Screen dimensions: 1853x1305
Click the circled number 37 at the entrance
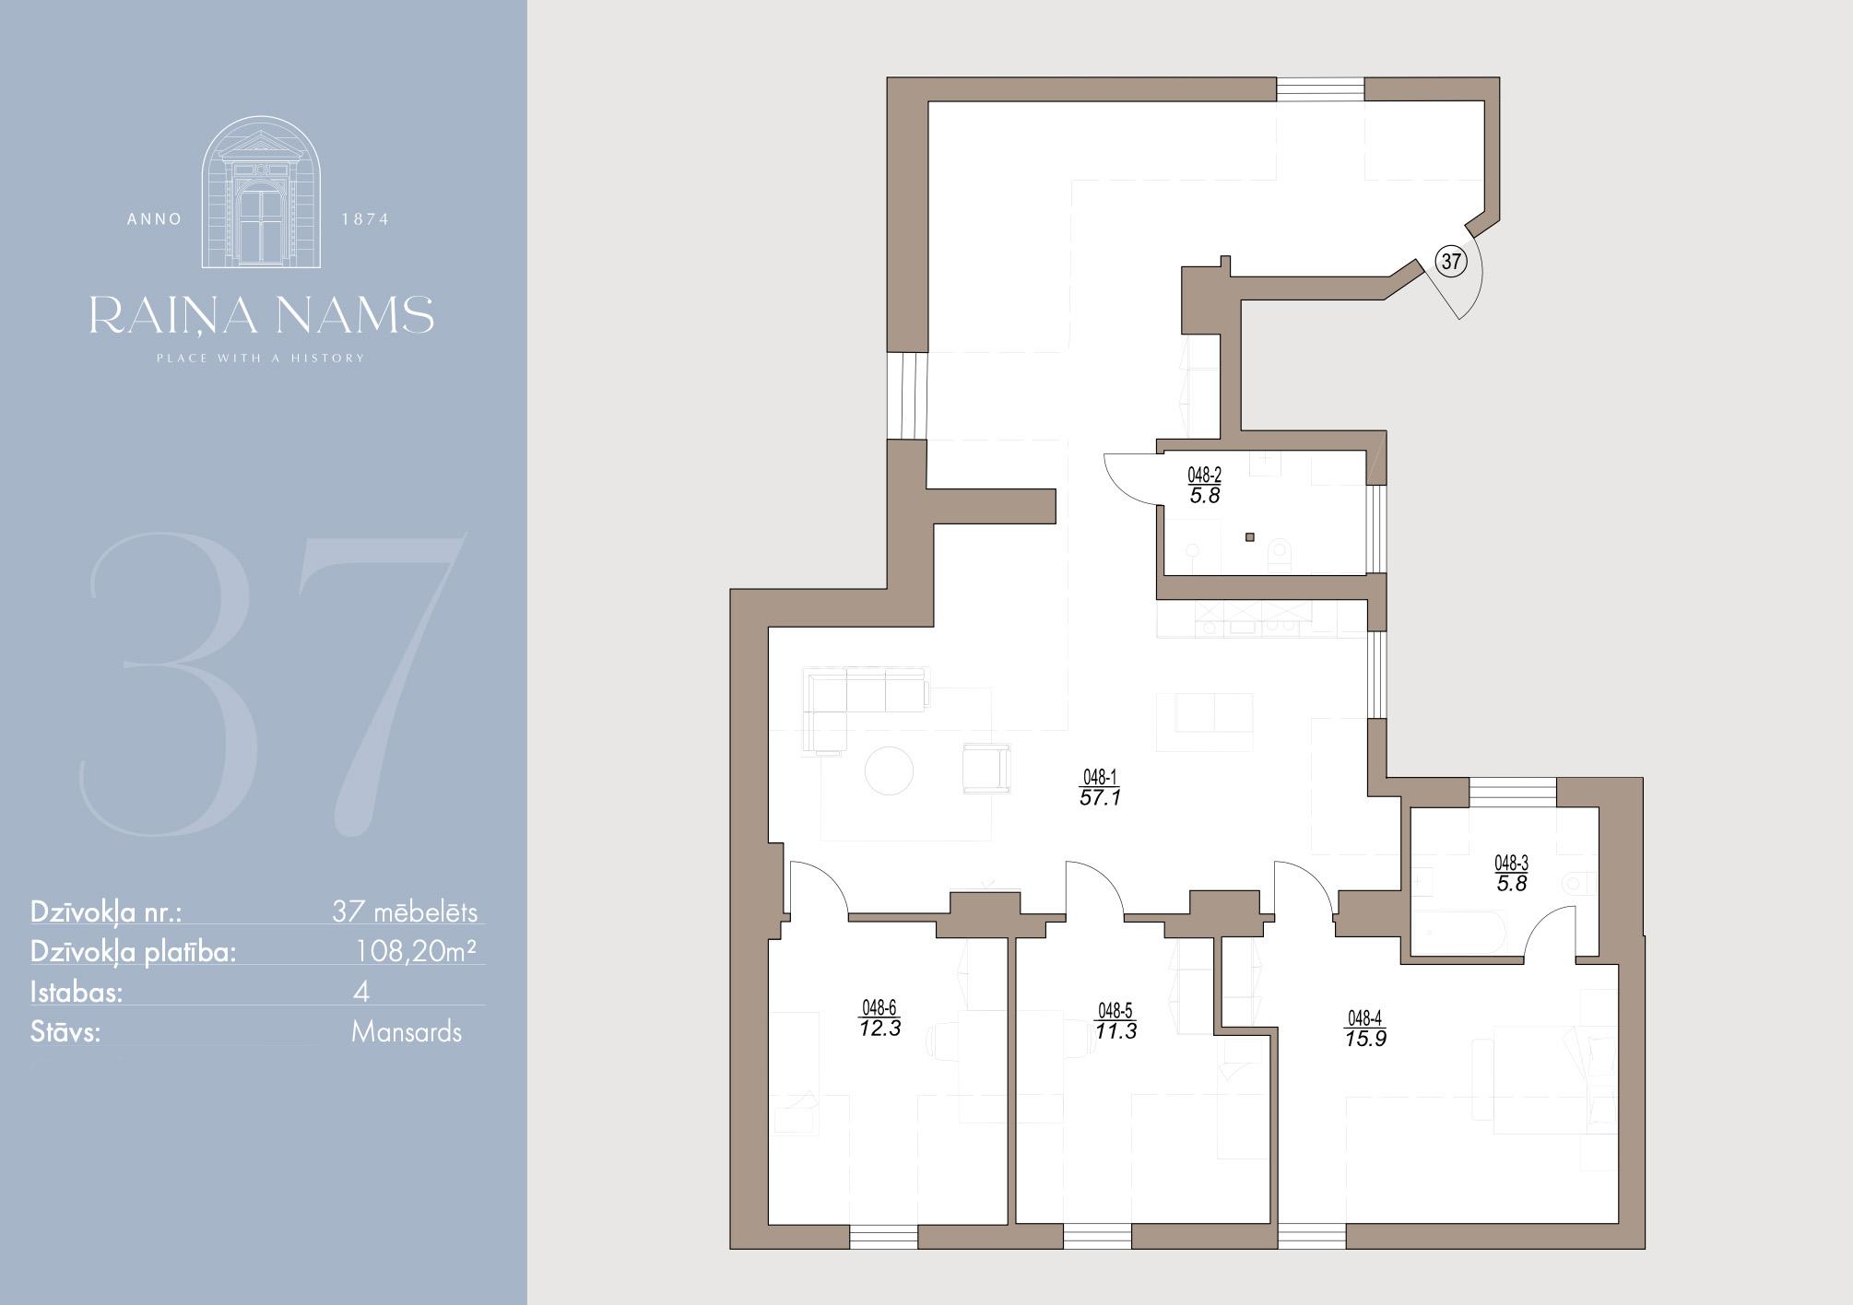coord(1451,262)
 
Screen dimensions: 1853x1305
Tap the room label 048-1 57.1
coord(1100,789)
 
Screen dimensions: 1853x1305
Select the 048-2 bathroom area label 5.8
coord(1205,496)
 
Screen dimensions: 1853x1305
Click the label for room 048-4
coord(1365,1029)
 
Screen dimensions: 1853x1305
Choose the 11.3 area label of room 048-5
coord(1115,1031)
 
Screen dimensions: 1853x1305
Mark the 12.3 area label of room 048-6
coord(879,1029)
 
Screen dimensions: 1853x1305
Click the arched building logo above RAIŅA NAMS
coord(262,193)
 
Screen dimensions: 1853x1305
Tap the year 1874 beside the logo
coord(365,219)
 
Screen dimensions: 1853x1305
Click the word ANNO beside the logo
coord(155,219)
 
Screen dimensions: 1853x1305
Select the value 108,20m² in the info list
coord(417,951)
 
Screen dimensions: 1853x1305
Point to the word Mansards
coord(407,1031)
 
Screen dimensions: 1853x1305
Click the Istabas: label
coord(77,992)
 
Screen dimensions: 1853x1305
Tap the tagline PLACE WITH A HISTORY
coord(261,358)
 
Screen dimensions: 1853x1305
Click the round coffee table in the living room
coord(889,770)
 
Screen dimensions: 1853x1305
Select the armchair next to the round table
coord(986,768)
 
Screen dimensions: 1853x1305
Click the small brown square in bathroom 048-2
coord(1250,537)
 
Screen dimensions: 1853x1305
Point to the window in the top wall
coord(1320,88)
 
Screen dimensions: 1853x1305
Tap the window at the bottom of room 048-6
coord(883,1237)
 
